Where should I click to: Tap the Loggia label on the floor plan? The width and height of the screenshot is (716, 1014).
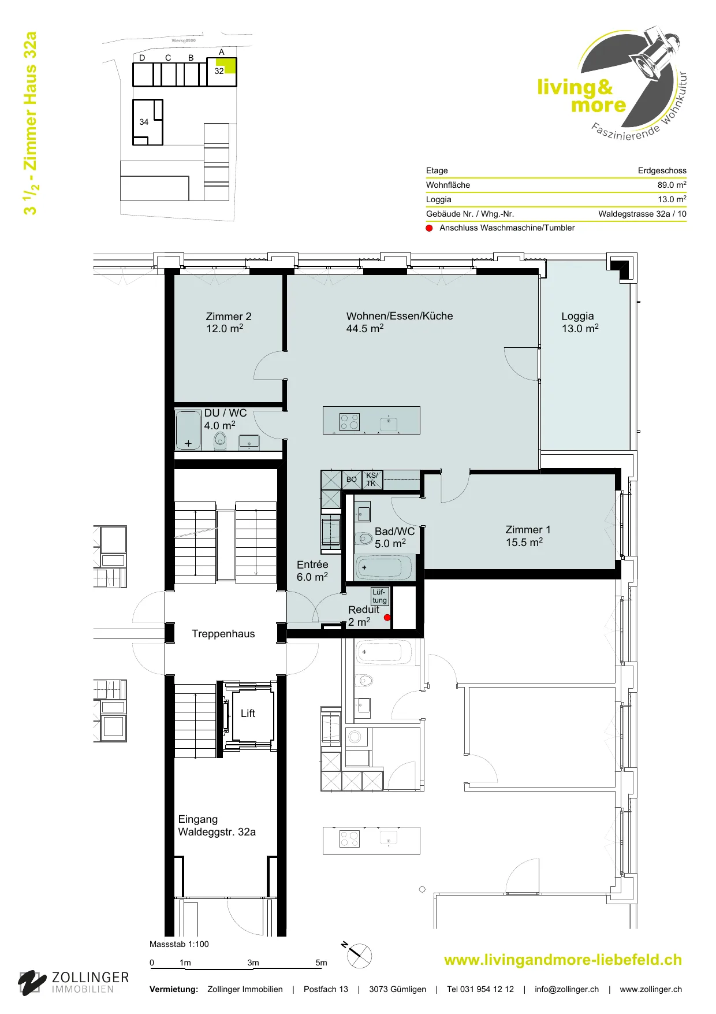coord(577,316)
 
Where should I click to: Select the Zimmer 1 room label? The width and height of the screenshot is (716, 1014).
coord(528,530)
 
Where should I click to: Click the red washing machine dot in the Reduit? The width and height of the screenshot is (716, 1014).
coord(387,618)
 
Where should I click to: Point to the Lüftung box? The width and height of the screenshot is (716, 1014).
coord(379,596)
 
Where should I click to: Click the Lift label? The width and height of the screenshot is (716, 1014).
coord(248,714)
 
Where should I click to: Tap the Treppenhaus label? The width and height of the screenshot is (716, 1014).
coord(223,634)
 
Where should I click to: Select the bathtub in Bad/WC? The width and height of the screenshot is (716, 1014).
coord(384,567)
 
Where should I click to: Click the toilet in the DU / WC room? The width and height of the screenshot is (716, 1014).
coord(220,441)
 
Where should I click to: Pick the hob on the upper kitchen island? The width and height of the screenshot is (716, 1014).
coord(349,422)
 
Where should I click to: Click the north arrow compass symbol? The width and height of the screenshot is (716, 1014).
coord(359,955)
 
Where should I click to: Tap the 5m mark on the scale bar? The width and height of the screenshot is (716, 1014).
coord(321,963)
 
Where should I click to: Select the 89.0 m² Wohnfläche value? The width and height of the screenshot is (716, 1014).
coord(672,185)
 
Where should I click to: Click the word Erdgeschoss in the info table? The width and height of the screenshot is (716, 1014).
coord(662,170)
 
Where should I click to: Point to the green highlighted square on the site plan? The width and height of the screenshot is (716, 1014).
coord(230,66)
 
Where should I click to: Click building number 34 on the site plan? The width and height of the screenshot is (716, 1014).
coord(144,122)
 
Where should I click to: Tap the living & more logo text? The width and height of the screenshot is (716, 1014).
coord(582,96)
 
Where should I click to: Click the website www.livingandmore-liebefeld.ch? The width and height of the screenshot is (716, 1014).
coord(563,960)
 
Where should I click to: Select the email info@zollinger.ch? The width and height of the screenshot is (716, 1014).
coord(566,989)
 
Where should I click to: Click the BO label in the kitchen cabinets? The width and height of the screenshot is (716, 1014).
coord(352,480)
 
